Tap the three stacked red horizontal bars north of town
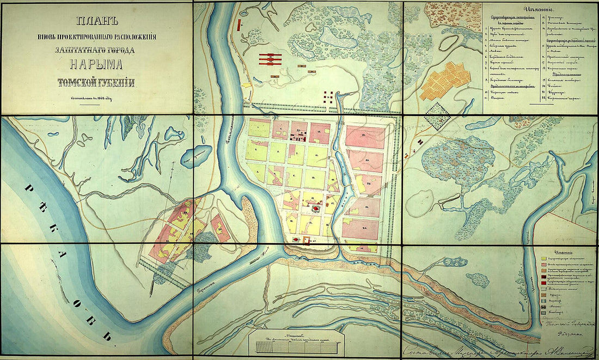pyautogui.click(x=269, y=59)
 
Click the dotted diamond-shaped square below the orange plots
pyautogui.click(x=438, y=116)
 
